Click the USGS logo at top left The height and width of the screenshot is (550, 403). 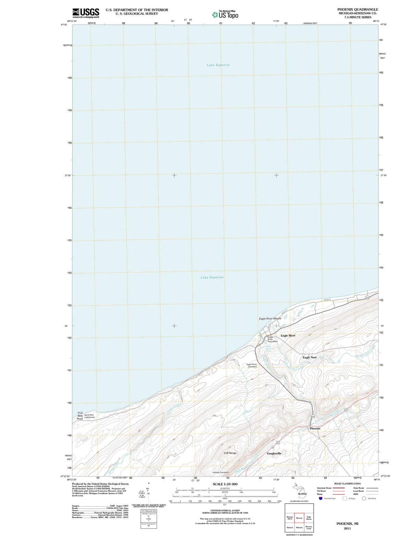click(86, 13)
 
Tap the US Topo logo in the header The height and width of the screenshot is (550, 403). click(225, 15)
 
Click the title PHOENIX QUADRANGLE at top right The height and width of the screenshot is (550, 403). click(357, 10)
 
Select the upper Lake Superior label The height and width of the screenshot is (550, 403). click(218, 65)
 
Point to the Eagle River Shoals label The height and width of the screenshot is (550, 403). click(270, 319)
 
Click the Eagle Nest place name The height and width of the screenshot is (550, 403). click(309, 357)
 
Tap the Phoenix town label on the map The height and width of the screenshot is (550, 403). click(315, 428)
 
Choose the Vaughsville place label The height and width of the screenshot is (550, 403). click(274, 453)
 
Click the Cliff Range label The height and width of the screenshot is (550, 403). click(230, 453)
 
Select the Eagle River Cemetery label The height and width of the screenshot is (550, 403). click(252, 365)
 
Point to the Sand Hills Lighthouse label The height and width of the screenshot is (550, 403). click(89, 416)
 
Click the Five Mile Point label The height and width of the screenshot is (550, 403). click(80, 416)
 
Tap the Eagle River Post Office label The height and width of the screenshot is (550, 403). click(272, 339)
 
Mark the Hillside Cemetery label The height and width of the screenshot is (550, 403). click(220, 472)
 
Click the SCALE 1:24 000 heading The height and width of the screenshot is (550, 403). click(225, 484)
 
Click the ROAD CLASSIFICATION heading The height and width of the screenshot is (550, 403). click(347, 483)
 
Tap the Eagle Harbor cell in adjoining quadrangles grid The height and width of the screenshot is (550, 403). click(309, 518)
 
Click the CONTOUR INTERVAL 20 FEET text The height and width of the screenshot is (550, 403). click(225, 510)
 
